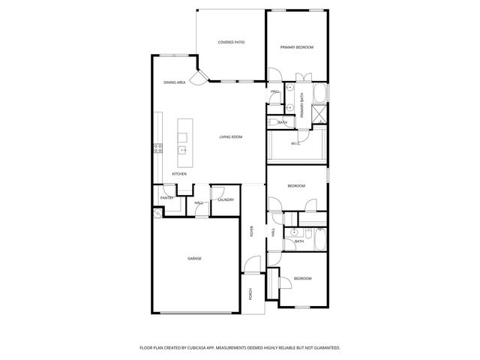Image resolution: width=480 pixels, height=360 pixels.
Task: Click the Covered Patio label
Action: (231, 43)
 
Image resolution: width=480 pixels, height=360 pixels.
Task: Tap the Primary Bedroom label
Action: (297, 47)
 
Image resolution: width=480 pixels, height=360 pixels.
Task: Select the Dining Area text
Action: (175, 82)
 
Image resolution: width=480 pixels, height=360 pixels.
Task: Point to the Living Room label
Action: (230, 136)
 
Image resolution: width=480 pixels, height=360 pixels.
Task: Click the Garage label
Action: (194, 258)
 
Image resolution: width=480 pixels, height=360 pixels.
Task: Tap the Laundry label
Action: (226, 199)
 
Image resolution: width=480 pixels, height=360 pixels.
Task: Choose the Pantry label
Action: (167, 198)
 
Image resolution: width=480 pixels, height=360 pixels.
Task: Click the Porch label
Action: (251, 293)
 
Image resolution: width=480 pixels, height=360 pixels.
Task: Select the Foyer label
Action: (252, 231)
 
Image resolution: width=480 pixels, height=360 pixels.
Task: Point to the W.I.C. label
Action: (295, 143)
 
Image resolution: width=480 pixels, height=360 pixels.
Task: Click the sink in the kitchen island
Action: (182, 149)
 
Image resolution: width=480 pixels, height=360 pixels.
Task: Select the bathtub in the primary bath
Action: (320, 96)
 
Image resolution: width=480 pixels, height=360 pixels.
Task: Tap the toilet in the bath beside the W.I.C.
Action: (271, 122)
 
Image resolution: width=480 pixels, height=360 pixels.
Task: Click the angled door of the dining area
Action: (199, 76)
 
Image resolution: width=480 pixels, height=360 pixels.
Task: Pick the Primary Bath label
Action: (302, 105)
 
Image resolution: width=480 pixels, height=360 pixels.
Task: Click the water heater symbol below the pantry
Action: (158, 213)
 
